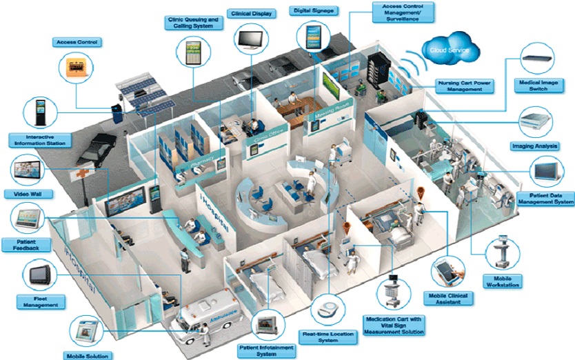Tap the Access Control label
coord(76,42)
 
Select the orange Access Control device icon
coord(77,68)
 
